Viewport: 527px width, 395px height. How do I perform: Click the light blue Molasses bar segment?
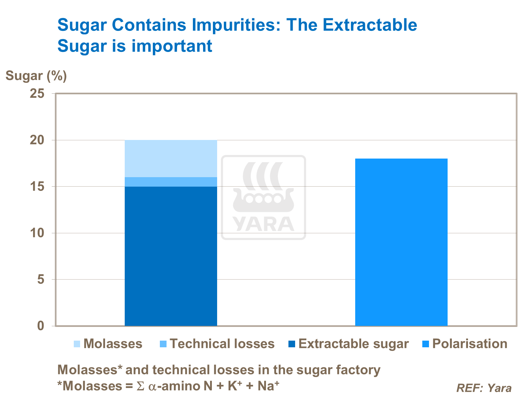coord(171,159)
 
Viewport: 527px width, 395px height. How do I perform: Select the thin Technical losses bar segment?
coord(171,182)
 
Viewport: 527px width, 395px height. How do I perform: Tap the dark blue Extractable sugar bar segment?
coord(171,256)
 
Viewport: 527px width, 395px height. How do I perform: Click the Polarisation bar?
coord(401,242)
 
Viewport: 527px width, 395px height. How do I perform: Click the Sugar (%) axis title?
coord(36,75)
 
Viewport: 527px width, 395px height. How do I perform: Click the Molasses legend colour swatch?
coord(77,344)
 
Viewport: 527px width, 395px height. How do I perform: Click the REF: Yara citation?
coord(484,388)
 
